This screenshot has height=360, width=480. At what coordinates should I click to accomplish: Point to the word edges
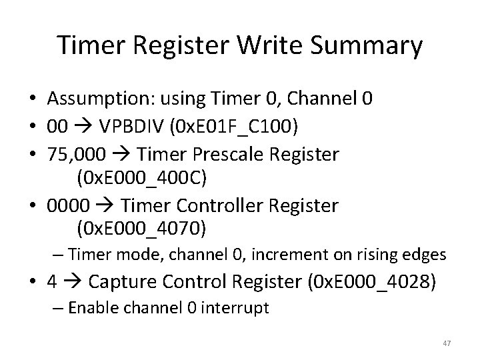[x=427, y=254]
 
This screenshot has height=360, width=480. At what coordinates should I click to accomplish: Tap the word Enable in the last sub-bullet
[x=90, y=308]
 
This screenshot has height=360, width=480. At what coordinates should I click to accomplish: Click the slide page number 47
[x=446, y=343]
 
